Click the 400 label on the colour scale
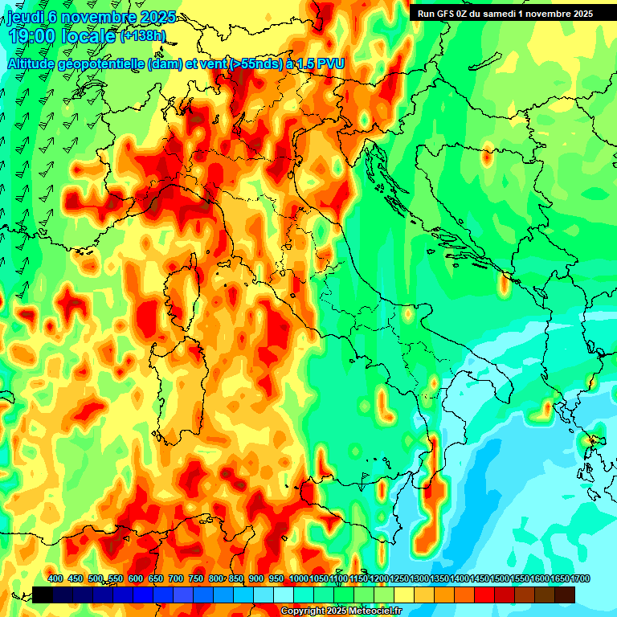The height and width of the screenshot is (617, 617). [x=55, y=578]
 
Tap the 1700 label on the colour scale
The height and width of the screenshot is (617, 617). [x=560, y=578]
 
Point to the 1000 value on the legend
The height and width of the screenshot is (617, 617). [x=298, y=578]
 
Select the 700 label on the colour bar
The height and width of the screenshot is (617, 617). [x=176, y=578]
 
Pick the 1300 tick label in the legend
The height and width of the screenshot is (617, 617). [x=419, y=578]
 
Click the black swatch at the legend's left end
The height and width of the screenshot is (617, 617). [x=43, y=595]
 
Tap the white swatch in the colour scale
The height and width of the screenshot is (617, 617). [x=284, y=595]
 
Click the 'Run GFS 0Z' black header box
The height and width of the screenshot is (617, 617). [x=505, y=14]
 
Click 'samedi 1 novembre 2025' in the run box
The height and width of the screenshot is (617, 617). [x=541, y=14]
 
